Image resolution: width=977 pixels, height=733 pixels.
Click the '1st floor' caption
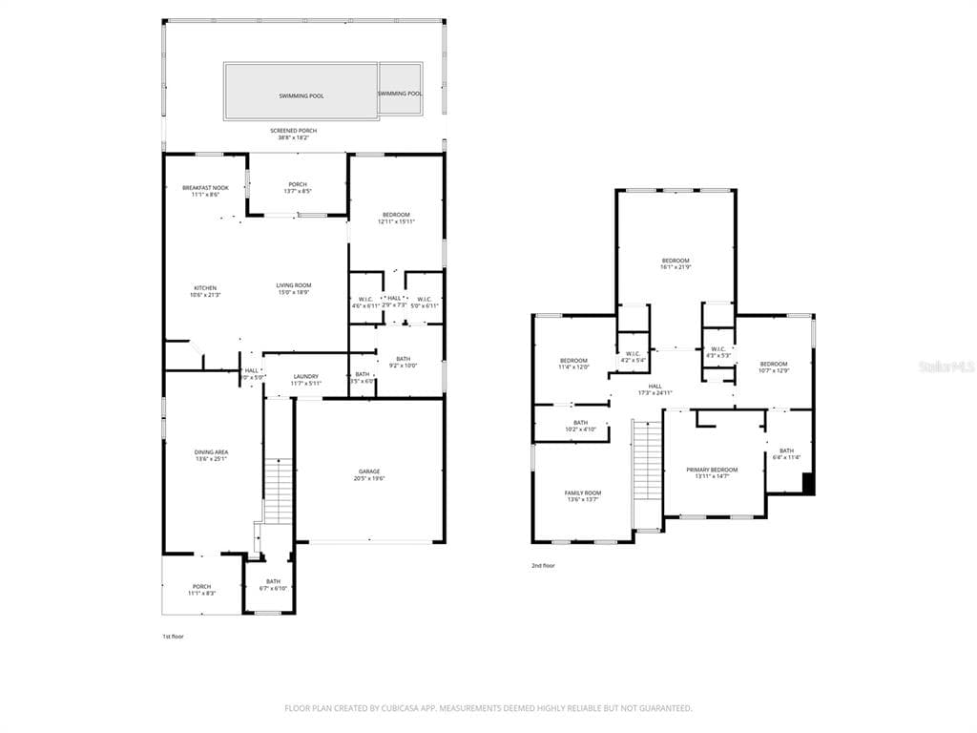pyautogui.click(x=173, y=636)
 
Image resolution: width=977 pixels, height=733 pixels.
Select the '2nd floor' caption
pyautogui.click(x=543, y=566)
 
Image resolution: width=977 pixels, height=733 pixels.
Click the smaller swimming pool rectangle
pyautogui.click(x=401, y=90)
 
